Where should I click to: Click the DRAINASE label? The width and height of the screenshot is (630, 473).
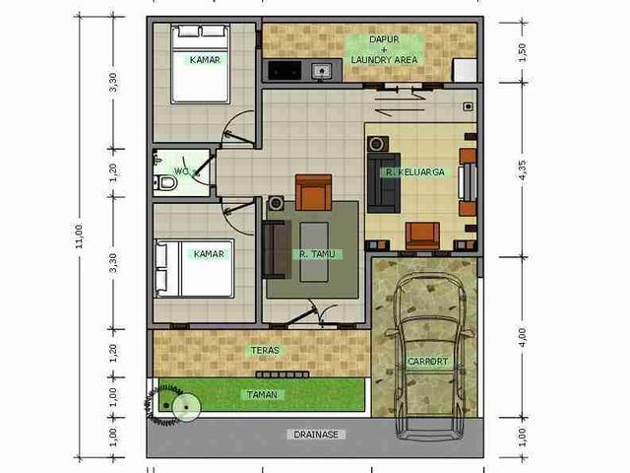(x=316, y=435)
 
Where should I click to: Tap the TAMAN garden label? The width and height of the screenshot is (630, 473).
(x=262, y=394)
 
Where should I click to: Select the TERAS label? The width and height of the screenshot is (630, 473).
(x=265, y=351)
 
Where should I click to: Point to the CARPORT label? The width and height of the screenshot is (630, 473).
(x=427, y=362)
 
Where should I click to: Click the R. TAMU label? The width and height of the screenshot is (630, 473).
(x=317, y=254)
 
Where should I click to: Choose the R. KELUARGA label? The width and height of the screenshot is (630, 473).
(x=415, y=172)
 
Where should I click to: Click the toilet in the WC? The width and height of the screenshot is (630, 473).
(x=165, y=183)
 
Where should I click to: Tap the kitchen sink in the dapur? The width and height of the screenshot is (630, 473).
(x=322, y=71)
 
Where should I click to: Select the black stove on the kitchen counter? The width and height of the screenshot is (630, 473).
(x=284, y=70)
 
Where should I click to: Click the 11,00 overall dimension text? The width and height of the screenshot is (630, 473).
(x=79, y=236)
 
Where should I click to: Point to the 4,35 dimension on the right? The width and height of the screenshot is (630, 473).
(x=523, y=170)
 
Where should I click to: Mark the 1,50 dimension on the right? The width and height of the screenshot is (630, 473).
(x=522, y=52)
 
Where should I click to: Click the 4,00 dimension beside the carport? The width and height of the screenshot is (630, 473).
(x=522, y=337)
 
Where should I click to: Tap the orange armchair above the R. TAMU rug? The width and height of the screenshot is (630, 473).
(x=313, y=193)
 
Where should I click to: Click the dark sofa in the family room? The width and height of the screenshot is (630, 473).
(x=384, y=182)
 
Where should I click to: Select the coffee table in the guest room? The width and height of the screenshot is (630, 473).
(x=314, y=252)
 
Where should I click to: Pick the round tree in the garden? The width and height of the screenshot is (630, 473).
(x=186, y=407)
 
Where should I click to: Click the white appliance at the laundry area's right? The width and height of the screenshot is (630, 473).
(x=465, y=70)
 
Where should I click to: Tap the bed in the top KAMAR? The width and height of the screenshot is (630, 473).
(x=201, y=63)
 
